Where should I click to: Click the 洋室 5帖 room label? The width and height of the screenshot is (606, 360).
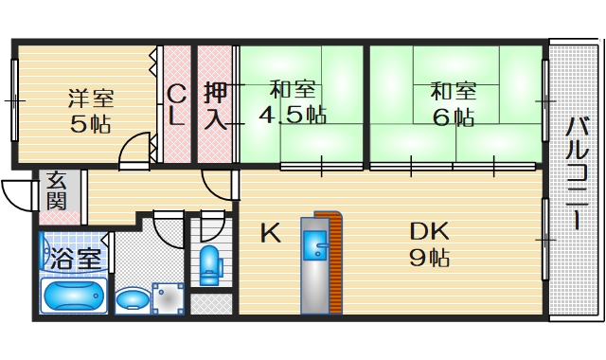[x=91, y=110]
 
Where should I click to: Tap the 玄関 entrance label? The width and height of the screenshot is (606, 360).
[x=56, y=190]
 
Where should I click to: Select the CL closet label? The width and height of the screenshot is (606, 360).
[x=176, y=105]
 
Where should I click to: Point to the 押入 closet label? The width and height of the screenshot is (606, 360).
[x=216, y=105]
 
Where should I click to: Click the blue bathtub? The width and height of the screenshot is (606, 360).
[x=75, y=297]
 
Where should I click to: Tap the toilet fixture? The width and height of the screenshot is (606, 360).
[x=209, y=264]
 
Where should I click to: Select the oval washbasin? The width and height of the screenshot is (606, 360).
[x=131, y=300]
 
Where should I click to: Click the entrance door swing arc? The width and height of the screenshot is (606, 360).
[x=16, y=195]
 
